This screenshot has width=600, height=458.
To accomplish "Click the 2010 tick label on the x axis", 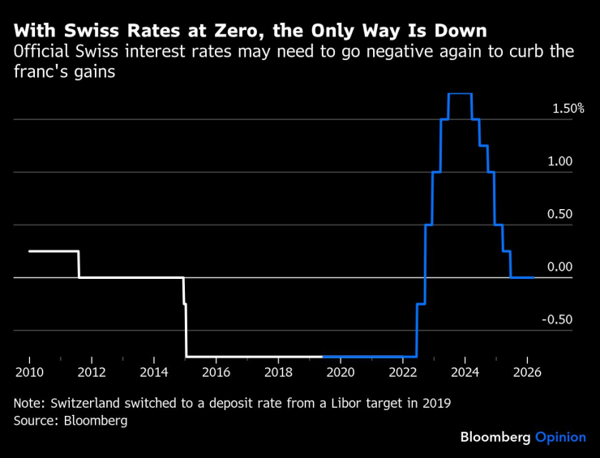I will tap(29, 373).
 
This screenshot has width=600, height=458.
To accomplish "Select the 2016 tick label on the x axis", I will tap(216, 373).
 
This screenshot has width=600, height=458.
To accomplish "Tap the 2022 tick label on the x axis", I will tap(403, 373).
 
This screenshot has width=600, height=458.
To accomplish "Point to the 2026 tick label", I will tap(527, 373).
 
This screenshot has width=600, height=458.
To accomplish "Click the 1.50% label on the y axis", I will tap(568, 109).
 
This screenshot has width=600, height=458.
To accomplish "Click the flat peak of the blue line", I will tap(460, 94).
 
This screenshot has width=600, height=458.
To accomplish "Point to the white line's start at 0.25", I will tap(30, 251).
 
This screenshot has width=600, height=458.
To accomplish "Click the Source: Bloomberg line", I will tap(71, 421).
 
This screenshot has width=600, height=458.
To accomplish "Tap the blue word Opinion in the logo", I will tap(560, 437).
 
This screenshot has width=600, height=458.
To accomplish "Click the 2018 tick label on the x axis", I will tap(278, 373).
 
